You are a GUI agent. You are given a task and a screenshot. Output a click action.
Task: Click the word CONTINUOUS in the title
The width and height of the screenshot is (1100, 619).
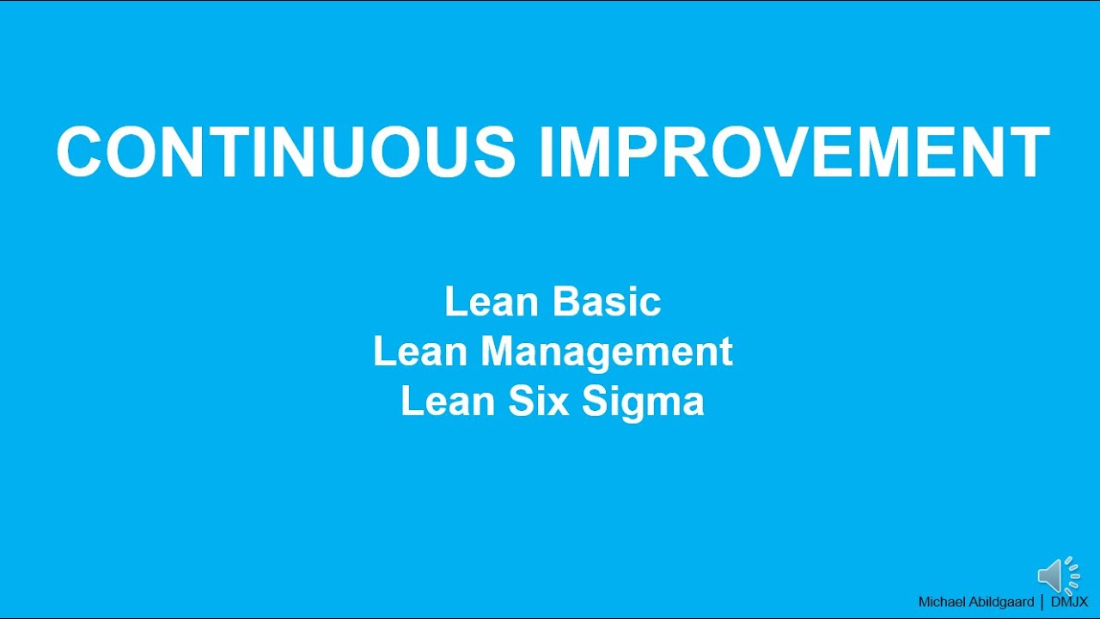[286, 152]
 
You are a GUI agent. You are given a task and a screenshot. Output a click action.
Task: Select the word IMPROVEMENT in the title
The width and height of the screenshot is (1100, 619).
[794, 152]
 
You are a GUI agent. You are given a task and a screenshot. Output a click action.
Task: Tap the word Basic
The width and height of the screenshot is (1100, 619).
[607, 302]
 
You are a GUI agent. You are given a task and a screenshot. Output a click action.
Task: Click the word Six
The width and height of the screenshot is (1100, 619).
[529, 401]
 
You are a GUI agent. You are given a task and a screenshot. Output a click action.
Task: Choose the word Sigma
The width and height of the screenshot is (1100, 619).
[642, 401]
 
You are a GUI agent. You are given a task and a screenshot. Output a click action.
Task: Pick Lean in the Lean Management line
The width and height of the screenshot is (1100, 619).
[421, 352]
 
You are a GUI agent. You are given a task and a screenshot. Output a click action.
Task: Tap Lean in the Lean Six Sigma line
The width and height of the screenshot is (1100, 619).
[448, 401]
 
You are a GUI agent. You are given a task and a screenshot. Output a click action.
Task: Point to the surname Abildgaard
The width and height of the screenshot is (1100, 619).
[1003, 602]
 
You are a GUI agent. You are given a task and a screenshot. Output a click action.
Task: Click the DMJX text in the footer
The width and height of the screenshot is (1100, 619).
[1070, 602]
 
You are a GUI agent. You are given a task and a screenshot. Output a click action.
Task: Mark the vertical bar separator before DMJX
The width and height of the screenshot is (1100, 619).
[1042, 602]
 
